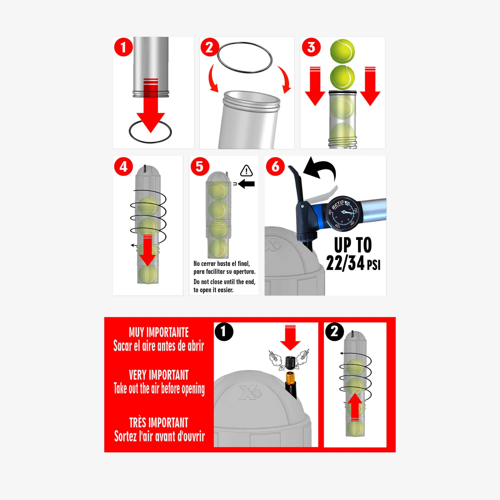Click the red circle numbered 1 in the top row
[x=123, y=47]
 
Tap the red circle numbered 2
[x=210, y=47]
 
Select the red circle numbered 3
[x=311, y=47]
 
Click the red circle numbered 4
[x=123, y=166]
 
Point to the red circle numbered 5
[x=200, y=166]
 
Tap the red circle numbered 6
[x=275, y=166]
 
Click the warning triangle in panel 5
[x=246, y=171]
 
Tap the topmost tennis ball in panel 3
[x=342, y=51]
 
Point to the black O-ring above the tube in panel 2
[x=245, y=57]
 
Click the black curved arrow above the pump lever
[x=321, y=168]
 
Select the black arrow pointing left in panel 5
[x=247, y=184]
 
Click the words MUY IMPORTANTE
[x=159, y=332]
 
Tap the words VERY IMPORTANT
[x=159, y=375]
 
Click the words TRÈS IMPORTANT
[x=159, y=423]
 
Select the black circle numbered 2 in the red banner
[x=334, y=332]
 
